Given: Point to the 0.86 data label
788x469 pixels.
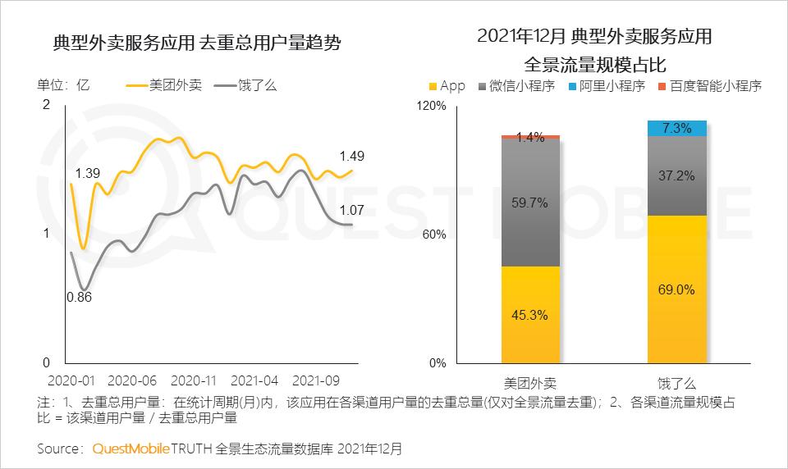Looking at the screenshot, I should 79,297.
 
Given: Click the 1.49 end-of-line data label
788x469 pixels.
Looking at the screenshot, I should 351,156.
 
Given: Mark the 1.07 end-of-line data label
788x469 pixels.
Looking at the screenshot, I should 351,208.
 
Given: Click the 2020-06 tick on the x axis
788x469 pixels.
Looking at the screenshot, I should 132,381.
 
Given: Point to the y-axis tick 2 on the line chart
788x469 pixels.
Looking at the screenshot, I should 46,104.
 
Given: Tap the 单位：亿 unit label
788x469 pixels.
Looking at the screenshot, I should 62,85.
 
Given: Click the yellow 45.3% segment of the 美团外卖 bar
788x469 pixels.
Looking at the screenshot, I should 530,315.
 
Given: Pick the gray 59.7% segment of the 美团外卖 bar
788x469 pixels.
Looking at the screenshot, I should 530,203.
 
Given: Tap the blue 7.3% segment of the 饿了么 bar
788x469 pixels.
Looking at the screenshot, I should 676,128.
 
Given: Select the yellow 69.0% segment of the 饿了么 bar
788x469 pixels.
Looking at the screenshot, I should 676,289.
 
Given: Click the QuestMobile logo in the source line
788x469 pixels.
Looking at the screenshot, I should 131,449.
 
